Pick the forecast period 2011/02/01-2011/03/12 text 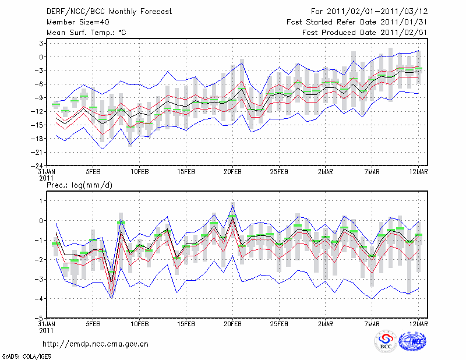[x=369, y=11]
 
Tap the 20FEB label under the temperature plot [x=232, y=172]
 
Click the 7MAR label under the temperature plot [x=372, y=172]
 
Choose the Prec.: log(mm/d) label [x=76, y=185]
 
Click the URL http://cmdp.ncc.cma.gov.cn [x=96, y=344]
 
